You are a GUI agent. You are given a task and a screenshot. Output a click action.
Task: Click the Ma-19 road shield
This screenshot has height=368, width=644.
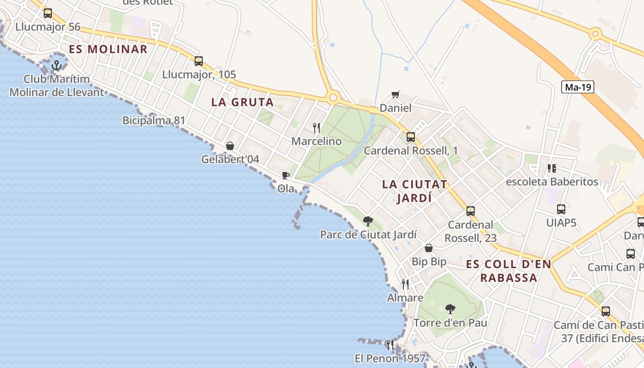[x=578, y=87]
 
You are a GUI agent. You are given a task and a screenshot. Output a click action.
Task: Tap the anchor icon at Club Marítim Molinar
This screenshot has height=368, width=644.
[x=57, y=65]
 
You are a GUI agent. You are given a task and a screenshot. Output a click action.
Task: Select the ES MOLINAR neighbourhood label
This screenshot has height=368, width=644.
[x=108, y=49]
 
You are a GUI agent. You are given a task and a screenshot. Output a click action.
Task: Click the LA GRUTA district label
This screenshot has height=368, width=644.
[x=242, y=102]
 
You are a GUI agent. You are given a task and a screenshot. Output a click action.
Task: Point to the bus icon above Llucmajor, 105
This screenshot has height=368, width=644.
[x=199, y=61]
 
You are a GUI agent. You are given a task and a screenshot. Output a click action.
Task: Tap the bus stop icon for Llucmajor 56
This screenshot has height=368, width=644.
[x=48, y=13]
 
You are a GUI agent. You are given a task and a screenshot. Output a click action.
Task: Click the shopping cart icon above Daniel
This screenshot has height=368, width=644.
[x=395, y=95]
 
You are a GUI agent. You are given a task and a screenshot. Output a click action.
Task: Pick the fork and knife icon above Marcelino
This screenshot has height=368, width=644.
[x=316, y=127]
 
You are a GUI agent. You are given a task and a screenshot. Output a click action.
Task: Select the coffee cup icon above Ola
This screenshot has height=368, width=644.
[x=285, y=175]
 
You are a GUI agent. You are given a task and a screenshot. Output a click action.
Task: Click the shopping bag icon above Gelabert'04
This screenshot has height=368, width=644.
[x=230, y=146]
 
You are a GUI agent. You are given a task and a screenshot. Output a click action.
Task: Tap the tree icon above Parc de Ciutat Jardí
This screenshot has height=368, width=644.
[x=368, y=221]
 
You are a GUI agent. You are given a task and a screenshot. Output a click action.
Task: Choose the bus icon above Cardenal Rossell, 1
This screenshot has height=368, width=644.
[x=411, y=137]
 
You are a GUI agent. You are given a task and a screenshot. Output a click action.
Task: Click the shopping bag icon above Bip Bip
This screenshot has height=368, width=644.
[x=429, y=248]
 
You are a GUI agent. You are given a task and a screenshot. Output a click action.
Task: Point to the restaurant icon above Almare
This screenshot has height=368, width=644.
[x=405, y=284]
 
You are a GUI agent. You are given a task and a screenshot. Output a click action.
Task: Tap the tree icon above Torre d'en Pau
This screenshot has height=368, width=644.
[x=450, y=309]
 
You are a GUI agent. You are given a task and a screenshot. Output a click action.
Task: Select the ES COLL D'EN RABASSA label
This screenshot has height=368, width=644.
[x=508, y=271]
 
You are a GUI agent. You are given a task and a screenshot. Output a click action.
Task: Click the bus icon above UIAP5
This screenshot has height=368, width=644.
[x=561, y=209]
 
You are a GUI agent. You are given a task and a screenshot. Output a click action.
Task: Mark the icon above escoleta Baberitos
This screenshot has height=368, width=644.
[x=552, y=168]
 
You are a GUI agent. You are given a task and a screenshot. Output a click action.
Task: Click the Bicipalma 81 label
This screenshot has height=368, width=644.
[x=154, y=121]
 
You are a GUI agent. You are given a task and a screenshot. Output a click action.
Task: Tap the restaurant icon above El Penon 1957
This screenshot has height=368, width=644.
[x=390, y=345]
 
